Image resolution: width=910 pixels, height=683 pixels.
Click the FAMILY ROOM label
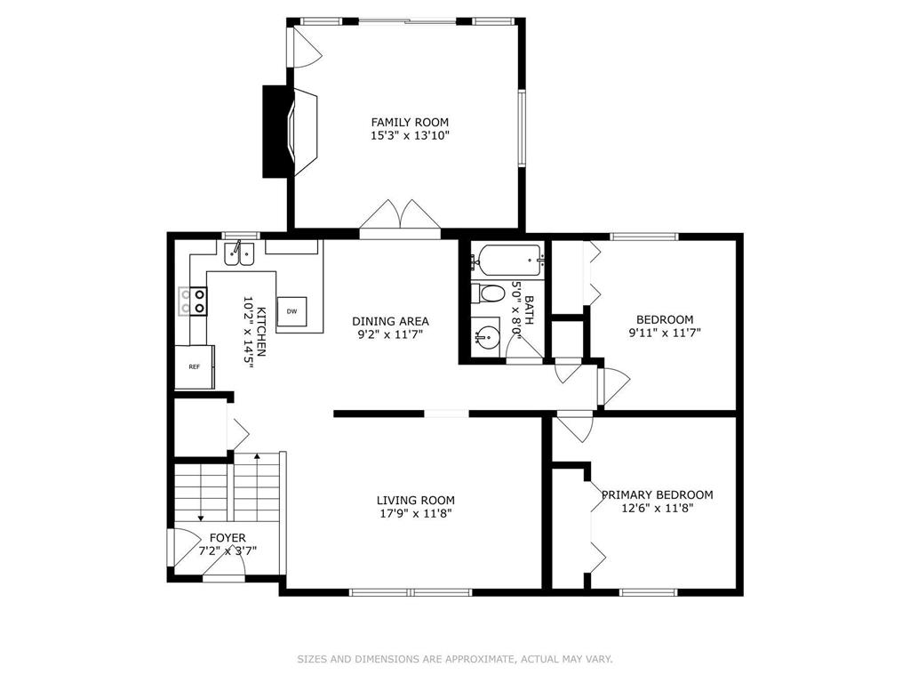(x=410, y=123)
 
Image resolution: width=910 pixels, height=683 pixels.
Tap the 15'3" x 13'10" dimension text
(x=410, y=136)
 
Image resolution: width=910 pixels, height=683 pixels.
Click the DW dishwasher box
(x=291, y=311)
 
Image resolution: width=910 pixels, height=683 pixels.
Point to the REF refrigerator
(x=195, y=366)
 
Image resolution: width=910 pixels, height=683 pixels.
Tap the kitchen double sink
(x=239, y=253)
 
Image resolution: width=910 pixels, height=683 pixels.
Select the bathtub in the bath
(x=508, y=261)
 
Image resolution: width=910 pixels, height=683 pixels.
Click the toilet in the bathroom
(x=487, y=293)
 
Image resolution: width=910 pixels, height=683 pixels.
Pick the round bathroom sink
(x=486, y=334)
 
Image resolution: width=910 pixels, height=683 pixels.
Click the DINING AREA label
(x=391, y=321)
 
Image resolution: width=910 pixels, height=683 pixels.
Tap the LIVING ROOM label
(x=416, y=500)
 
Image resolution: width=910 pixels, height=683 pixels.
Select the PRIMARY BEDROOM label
(x=657, y=494)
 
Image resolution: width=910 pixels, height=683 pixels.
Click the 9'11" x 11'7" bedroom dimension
(x=665, y=333)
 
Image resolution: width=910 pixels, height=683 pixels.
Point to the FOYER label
(x=227, y=538)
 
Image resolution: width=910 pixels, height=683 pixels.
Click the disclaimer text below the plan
(x=455, y=659)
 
